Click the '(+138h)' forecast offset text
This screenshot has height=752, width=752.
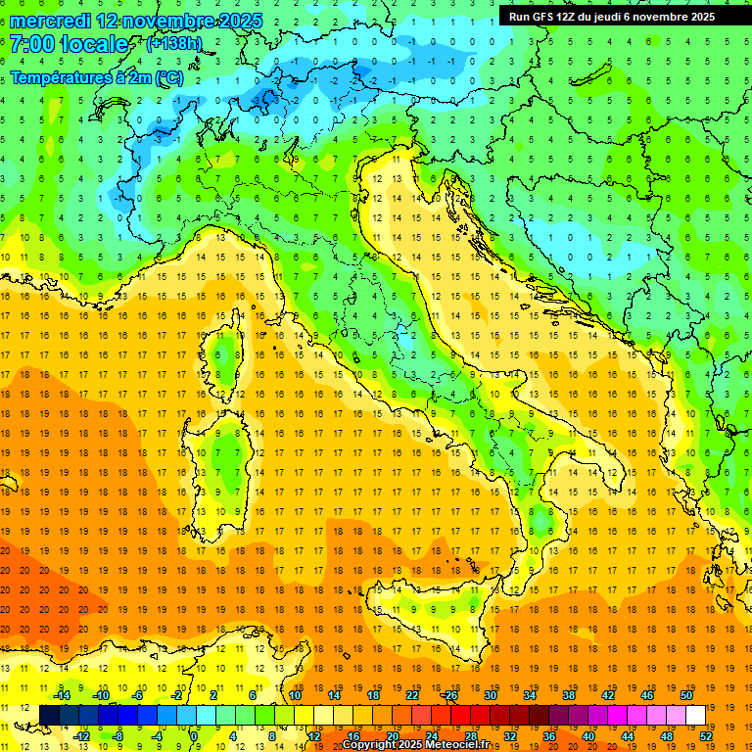click(173, 44)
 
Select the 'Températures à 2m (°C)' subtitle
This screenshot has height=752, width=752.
click(96, 77)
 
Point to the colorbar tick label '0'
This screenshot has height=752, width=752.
click(194, 736)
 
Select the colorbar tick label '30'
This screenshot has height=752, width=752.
click(490, 694)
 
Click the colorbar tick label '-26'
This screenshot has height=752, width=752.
click(449, 694)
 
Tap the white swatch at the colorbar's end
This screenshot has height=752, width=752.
click(695, 715)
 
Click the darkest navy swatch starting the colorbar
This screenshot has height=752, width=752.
click(49, 715)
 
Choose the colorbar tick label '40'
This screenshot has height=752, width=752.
click(588, 736)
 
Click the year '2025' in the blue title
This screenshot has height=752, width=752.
click(231, 21)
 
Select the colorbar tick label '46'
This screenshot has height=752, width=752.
click(647, 694)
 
